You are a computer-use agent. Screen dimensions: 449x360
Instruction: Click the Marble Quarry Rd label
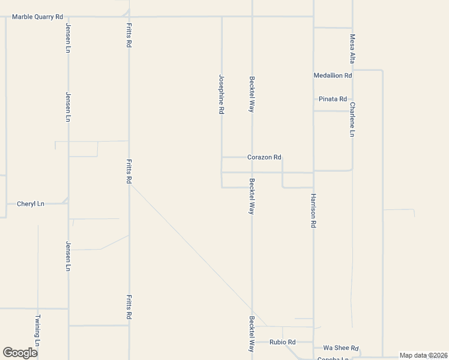[37, 17]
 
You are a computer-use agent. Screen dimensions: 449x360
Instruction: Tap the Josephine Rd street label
[221, 94]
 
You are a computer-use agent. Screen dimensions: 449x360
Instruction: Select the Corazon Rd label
[264, 157]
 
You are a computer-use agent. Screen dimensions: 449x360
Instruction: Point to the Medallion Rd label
[333, 76]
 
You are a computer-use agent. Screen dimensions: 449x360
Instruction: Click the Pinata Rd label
[333, 99]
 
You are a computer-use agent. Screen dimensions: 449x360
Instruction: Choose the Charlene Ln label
[352, 119]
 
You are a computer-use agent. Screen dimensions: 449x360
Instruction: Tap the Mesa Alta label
[352, 49]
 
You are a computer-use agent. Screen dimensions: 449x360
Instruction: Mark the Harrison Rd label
[313, 210]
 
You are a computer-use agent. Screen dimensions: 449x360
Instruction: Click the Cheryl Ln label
[31, 204]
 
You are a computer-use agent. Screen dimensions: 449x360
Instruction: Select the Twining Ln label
[37, 331]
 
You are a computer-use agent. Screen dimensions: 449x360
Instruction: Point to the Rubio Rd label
[282, 342]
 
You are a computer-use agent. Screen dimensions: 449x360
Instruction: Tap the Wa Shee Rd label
[341, 348]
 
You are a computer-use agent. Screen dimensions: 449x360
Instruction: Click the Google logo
[20, 353]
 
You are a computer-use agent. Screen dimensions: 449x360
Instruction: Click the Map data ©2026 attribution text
[423, 355]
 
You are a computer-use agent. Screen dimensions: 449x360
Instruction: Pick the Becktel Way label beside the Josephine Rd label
[252, 94]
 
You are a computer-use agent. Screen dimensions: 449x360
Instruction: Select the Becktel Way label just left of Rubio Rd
[252, 334]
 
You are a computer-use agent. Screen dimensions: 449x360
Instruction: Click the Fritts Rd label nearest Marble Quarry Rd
[128, 35]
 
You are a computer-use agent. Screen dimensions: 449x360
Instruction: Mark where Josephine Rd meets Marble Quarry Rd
[222, 17]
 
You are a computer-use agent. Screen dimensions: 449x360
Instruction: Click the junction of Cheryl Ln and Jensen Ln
[68, 203]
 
